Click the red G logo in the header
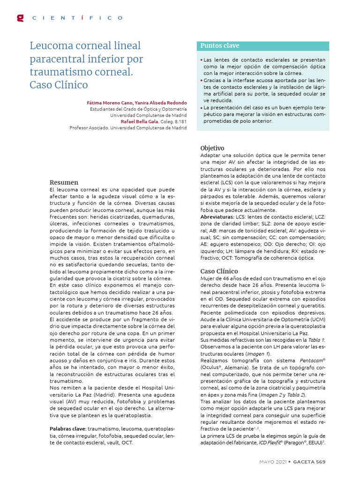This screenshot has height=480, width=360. pyautogui.click(x=20, y=18)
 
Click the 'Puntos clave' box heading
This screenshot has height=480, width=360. pyautogui.click(x=220, y=46)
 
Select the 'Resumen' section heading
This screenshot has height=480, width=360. pyautogui.click(x=64, y=182)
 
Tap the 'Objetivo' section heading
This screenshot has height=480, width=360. pyautogui.click(x=212, y=148)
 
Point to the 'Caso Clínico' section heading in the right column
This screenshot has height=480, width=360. pyautogui.click(x=219, y=271)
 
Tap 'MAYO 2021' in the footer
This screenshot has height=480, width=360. pyautogui.click(x=274, y=462)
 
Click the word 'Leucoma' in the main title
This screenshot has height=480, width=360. pyautogui.click(x=50, y=46)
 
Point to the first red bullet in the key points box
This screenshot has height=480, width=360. pyautogui.click(x=202, y=60)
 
